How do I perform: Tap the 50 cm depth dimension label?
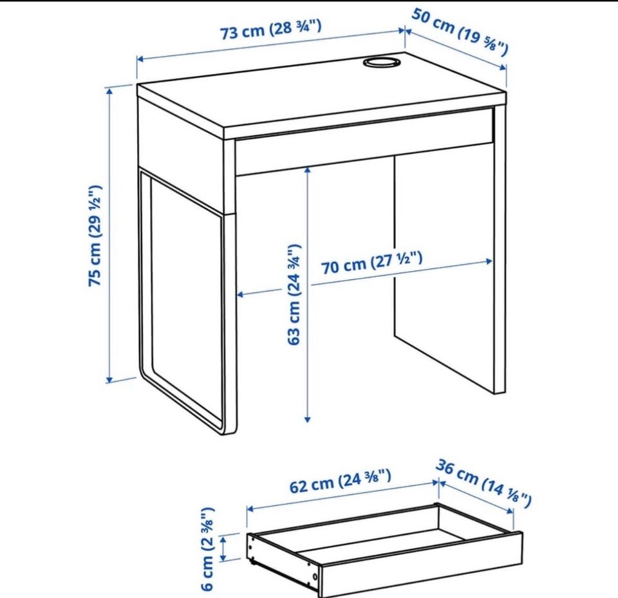[x=460, y=32]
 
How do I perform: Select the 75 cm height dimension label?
[x=95, y=236]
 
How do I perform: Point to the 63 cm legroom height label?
[x=294, y=294]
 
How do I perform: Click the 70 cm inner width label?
[x=372, y=263]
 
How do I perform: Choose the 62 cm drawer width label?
[x=341, y=481]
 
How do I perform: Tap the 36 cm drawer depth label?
[x=483, y=483]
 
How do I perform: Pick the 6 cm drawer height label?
[x=207, y=548]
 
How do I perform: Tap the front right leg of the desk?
[x=500, y=249]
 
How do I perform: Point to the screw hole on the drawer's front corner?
[x=315, y=577]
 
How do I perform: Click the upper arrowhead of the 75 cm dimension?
[x=109, y=91]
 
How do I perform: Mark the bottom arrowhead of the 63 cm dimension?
[x=308, y=420]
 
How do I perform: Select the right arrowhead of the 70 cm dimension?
[x=489, y=261]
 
